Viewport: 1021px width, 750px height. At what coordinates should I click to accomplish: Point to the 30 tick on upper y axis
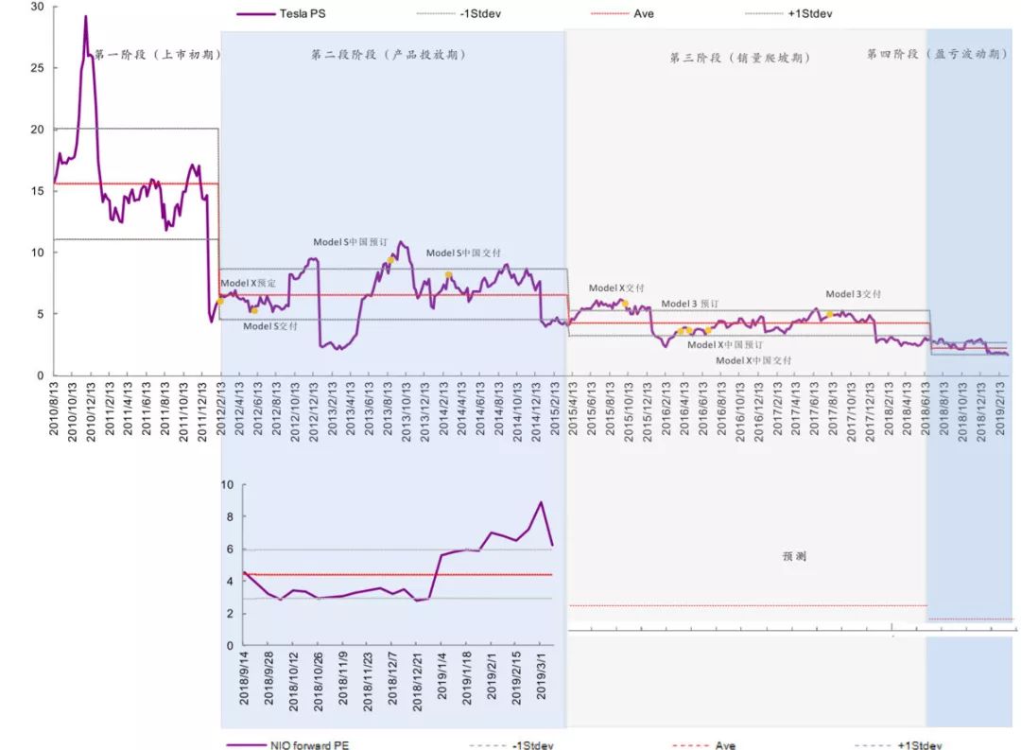coord(37,7)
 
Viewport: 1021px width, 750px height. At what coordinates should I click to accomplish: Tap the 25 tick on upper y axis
coord(37,68)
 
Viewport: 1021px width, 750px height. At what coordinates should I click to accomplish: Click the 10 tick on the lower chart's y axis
coord(226,485)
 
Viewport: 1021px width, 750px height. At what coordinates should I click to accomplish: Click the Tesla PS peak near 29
coord(85,16)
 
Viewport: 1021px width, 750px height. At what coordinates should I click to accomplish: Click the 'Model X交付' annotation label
coord(616,288)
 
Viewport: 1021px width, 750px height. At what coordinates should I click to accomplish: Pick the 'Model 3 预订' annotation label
coord(690,304)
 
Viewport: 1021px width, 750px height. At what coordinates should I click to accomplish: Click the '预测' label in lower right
coord(794,557)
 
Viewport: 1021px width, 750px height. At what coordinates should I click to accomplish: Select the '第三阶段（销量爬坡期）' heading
coord(740,59)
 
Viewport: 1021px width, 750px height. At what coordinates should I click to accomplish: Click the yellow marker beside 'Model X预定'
coord(220,300)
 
